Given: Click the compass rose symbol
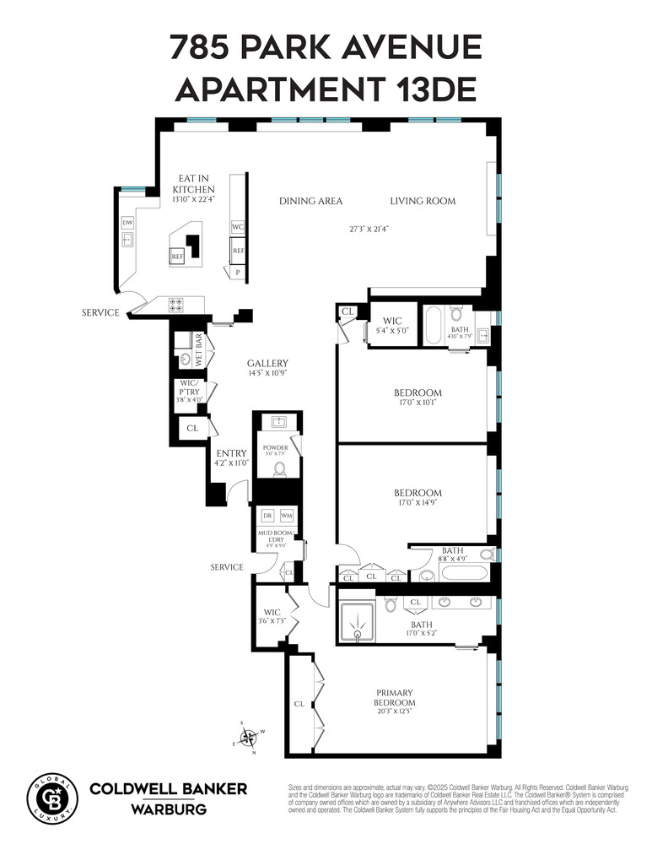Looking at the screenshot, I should [x=249, y=738].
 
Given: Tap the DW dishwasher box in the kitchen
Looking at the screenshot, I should [x=127, y=223].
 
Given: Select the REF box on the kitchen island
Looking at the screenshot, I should [x=177, y=257].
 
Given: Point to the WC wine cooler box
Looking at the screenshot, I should [x=237, y=227].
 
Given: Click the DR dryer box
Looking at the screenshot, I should [x=267, y=516].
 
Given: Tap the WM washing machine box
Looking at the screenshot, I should [x=287, y=516].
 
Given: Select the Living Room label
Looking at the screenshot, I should [x=423, y=201].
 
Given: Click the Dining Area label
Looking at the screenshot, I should [x=311, y=201].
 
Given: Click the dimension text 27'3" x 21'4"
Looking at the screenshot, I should [x=369, y=229].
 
